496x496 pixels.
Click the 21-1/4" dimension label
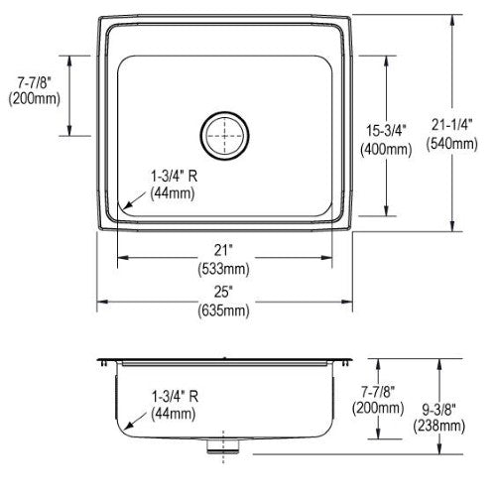[451, 125]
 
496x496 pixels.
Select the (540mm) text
[451, 144]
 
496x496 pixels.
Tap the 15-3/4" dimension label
[386, 130]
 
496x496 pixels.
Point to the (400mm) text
[386, 150]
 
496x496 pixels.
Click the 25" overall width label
[223, 292]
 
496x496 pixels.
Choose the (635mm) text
[223, 310]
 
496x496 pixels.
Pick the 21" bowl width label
[223, 250]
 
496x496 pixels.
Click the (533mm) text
[223, 269]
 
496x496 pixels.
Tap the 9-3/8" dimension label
[439, 410]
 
